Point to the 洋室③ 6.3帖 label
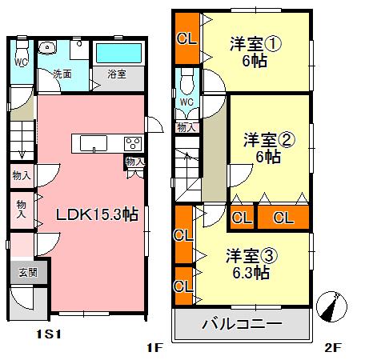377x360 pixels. tap(251, 265)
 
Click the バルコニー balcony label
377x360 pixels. tap(241, 326)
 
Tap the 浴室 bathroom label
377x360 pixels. tap(117, 74)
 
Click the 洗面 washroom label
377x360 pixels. tap(62, 74)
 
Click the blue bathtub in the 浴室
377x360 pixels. tap(117, 53)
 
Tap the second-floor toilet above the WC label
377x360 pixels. tap(187, 82)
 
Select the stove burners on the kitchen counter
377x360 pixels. tap(132, 144)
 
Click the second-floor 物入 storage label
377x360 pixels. tap(186, 126)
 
